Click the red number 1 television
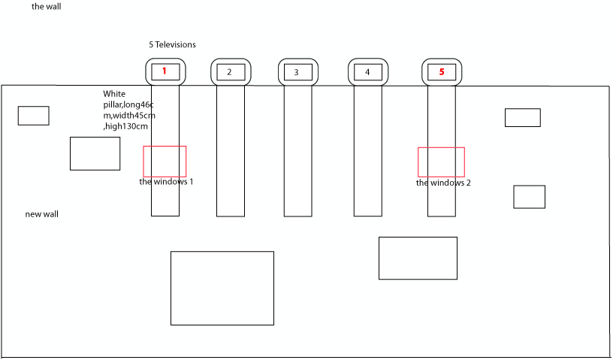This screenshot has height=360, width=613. click(165, 72)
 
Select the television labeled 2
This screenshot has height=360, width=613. click(231, 72)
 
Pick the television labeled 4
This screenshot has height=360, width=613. click(368, 72)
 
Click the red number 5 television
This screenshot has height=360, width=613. click(442, 72)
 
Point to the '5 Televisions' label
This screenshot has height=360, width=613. click(172, 44)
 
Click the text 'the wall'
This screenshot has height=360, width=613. click(46, 7)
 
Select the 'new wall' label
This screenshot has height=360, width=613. click(42, 214)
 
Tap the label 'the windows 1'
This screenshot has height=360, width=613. click(166, 182)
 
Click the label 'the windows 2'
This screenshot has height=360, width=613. click(443, 183)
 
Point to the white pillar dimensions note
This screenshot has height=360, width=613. click(129, 110)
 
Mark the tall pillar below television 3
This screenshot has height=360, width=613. click(284, 150)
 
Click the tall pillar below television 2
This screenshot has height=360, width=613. click(217, 150)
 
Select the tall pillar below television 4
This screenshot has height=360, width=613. click(354, 150)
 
